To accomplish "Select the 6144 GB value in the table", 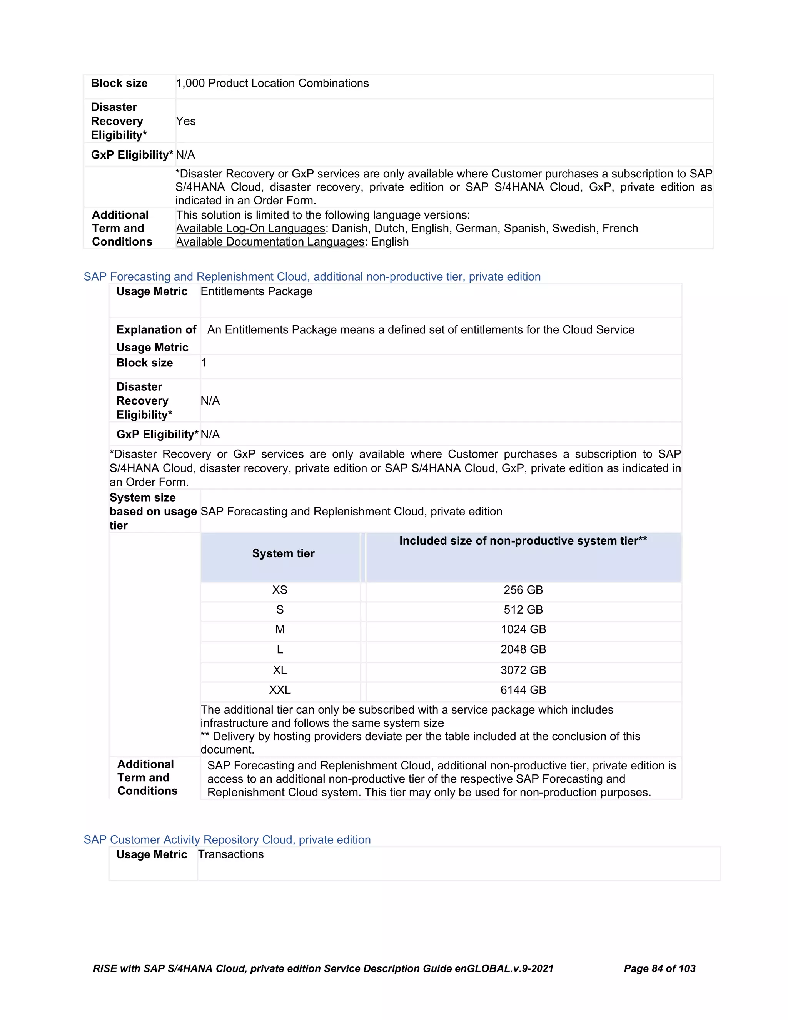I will click(523, 690).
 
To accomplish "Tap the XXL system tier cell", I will click(280, 690).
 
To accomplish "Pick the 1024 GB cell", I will click(523, 630).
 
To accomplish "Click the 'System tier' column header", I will click(283, 553).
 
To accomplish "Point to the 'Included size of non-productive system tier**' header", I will click(523, 541).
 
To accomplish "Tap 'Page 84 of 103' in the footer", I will click(659, 968).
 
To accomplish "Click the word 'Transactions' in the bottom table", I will click(230, 854).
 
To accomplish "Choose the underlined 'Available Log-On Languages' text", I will click(250, 228).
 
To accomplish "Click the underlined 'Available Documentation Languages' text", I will click(270, 242).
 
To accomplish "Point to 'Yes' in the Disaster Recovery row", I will click(186, 121).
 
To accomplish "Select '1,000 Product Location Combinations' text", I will click(272, 83).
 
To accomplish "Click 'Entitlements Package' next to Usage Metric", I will click(256, 291).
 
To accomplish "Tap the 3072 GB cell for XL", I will click(523, 670).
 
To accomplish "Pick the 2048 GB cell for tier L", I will click(523, 650).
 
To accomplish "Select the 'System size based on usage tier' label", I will click(153, 512).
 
